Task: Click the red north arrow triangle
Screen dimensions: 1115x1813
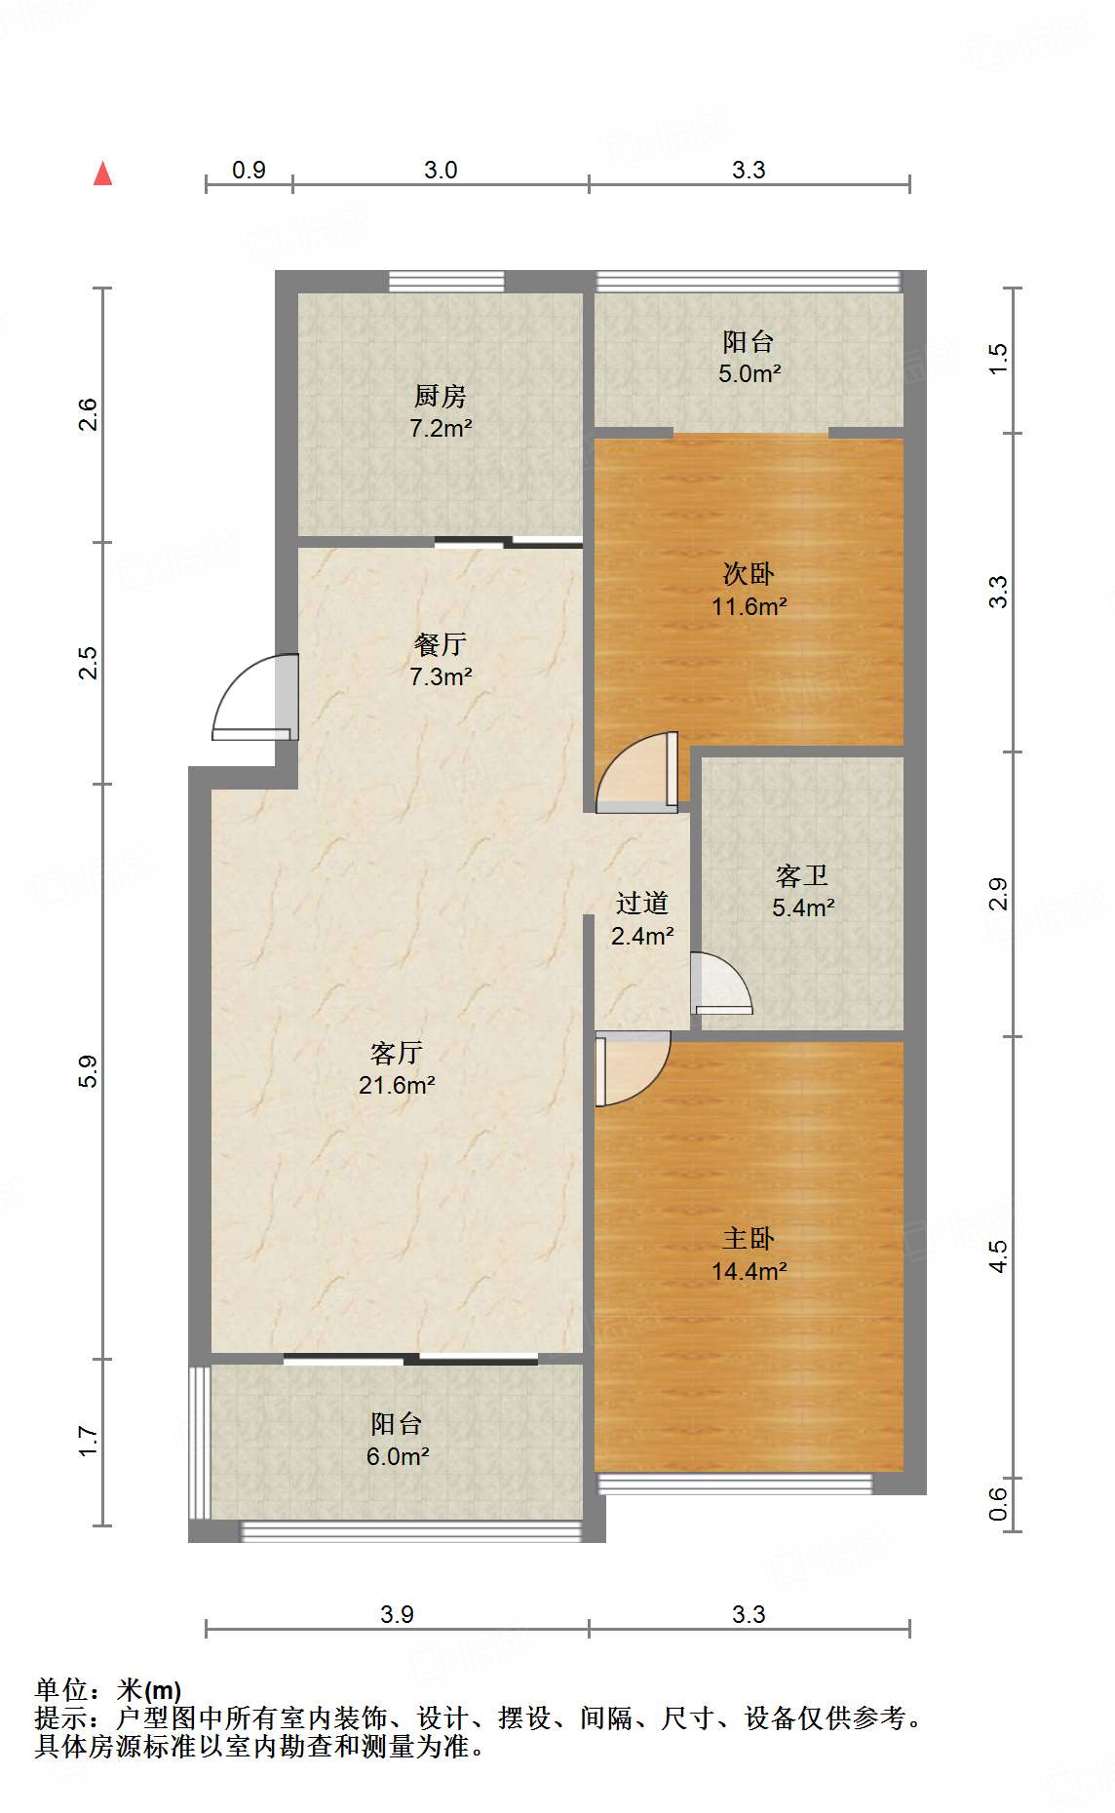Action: coord(102,174)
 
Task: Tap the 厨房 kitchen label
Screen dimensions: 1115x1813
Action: coord(441,396)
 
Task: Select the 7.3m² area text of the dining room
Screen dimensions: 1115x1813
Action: coord(441,676)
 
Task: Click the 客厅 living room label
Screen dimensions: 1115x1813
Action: coord(397,1053)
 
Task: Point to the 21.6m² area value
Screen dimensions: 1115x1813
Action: coord(397,1085)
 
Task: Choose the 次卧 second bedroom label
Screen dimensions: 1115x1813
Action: coord(749,573)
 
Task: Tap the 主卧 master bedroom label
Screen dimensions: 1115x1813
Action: coord(749,1238)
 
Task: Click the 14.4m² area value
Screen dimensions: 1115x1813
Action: coord(749,1271)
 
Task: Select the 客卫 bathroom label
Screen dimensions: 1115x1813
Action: coord(802,875)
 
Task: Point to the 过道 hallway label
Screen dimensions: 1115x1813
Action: coord(642,904)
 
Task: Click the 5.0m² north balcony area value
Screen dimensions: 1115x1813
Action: coord(750,373)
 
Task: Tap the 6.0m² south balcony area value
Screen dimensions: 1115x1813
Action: coord(398,1456)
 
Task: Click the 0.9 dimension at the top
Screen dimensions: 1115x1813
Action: coord(250,170)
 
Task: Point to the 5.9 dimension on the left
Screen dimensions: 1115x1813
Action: coord(88,1071)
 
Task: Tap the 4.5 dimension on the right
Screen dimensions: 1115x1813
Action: coord(998,1256)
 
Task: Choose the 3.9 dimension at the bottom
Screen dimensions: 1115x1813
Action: coord(397,1614)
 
